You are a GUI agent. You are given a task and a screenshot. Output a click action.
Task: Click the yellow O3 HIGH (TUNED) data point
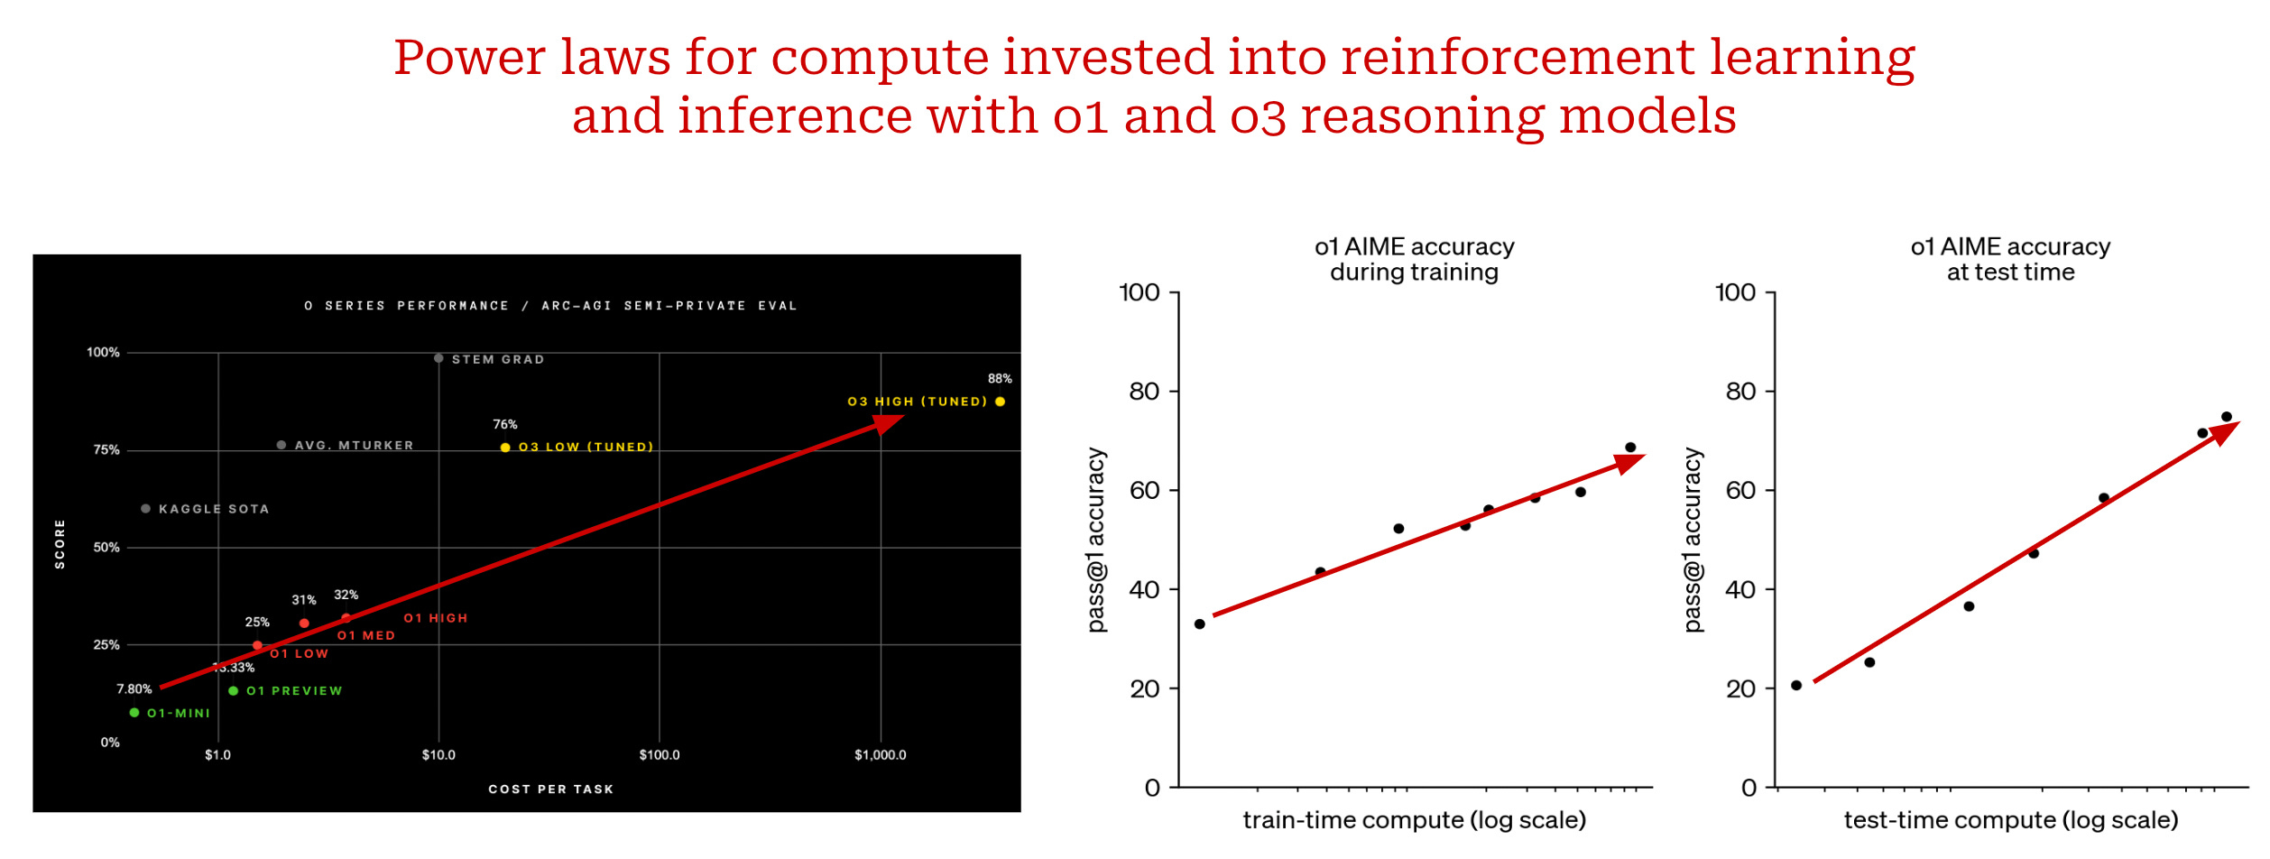pyautogui.click(x=1000, y=402)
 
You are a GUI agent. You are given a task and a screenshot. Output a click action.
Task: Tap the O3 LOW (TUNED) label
pyautogui.click(x=586, y=447)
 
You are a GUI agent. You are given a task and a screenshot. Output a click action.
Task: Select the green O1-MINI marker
pyautogui.click(x=134, y=713)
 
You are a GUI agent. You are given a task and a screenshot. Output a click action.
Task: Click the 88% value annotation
pyautogui.click(x=1000, y=379)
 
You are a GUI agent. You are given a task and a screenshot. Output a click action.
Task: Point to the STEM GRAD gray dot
pyautogui.click(x=438, y=358)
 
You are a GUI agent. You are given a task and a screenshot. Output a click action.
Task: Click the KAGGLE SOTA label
pyautogui.click(x=214, y=509)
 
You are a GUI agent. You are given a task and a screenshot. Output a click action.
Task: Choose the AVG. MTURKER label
pyautogui.click(x=354, y=445)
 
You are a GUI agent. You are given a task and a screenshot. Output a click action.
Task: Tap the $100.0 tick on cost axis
pyautogui.click(x=660, y=755)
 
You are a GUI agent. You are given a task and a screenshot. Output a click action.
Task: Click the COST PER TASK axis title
pyautogui.click(x=550, y=790)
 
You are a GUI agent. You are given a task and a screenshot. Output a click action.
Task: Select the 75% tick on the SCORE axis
pyautogui.click(x=106, y=450)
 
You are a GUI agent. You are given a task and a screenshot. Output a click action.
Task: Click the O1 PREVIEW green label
pyautogui.click(x=294, y=691)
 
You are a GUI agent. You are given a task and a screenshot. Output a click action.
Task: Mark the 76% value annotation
pyautogui.click(x=504, y=424)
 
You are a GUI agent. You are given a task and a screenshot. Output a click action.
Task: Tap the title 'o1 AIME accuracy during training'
pyautogui.click(x=1414, y=259)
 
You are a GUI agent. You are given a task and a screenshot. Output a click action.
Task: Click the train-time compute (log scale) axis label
pyautogui.click(x=1414, y=820)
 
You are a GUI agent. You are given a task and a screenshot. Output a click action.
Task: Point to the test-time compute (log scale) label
pyautogui.click(x=2010, y=820)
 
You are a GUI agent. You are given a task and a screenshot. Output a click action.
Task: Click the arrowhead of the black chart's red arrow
pyautogui.click(x=888, y=423)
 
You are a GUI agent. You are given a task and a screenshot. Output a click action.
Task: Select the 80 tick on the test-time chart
pyautogui.click(x=1740, y=392)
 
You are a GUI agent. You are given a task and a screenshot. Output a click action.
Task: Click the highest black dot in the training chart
pyautogui.click(x=1630, y=448)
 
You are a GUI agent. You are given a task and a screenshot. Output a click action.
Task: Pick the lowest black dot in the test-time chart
pyautogui.click(x=1796, y=686)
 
